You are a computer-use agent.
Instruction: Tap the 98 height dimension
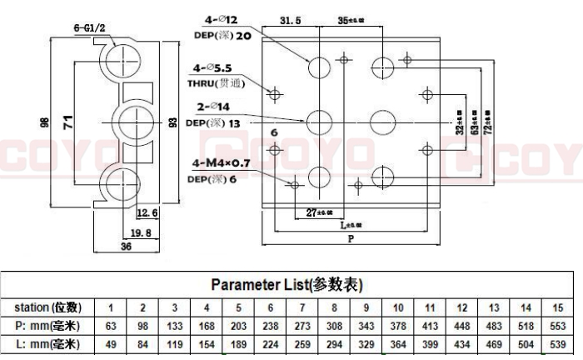[x=45, y=122]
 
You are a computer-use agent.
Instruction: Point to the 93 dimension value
[x=172, y=122]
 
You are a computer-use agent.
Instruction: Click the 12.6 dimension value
[x=146, y=213]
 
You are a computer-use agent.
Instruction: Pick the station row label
[x=48, y=307]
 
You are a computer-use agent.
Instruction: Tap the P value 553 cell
[x=557, y=326]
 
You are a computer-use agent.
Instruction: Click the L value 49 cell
[x=111, y=343]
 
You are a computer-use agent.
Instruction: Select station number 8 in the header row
[x=334, y=307]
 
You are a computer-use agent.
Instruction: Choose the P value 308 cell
[x=334, y=326]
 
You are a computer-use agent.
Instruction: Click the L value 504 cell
[x=526, y=343]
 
